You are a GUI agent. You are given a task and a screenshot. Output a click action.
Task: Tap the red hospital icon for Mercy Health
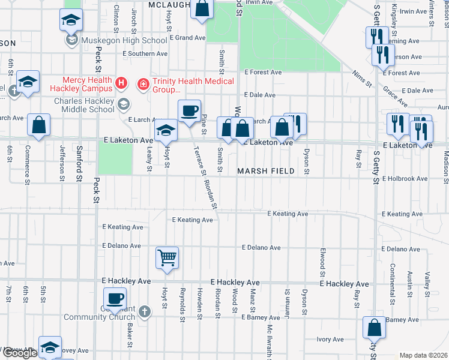[x=121, y=82]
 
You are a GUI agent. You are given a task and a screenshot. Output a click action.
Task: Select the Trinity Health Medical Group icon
[x=143, y=83]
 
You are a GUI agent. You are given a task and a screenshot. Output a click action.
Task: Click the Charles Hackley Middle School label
[x=84, y=106]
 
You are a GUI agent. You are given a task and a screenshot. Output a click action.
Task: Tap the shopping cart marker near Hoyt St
[x=167, y=258]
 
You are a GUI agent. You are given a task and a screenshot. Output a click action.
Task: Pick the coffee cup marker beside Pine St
[x=189, y=110]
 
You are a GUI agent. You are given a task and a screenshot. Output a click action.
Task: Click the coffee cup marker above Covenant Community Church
[x=115, y=298]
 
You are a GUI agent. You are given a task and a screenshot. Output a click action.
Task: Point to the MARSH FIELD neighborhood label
[x=265, y=171]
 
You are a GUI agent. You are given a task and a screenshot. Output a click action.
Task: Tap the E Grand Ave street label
[x=187, y=38]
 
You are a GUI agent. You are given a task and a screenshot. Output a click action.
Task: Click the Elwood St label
[x=323, y=258]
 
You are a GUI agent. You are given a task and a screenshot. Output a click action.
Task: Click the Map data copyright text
[x=423, y=355]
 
